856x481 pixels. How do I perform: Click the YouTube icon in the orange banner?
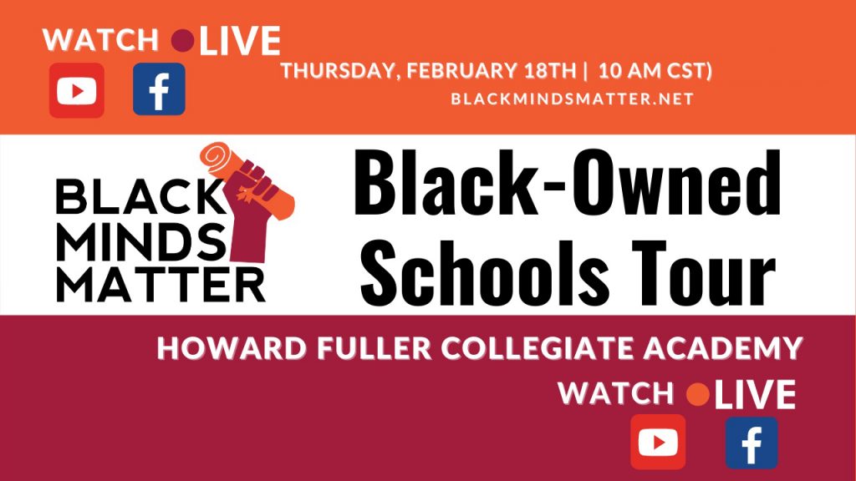point(77,89)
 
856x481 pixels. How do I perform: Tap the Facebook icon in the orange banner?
point(159,89)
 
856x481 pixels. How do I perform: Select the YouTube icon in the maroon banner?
point(658,442)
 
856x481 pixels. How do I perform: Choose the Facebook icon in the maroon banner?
point(751,442)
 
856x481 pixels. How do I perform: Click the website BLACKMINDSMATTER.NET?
point(572,99)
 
